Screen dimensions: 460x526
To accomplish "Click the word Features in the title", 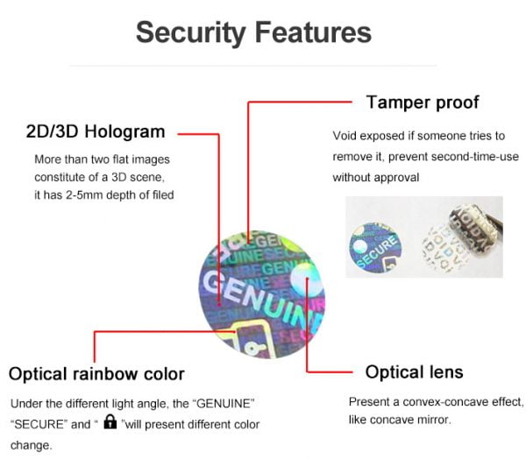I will [312, 32].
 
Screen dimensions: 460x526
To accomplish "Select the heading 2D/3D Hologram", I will [96, 132].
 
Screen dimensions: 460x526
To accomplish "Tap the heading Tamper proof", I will [423, 103].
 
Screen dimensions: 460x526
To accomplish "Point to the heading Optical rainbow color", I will [96, 374].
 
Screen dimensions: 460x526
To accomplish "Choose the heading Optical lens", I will [414, 372].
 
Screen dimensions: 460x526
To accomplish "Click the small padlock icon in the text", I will [110, 423].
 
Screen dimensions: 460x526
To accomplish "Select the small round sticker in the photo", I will [375, 241].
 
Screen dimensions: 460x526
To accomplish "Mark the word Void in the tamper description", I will [345, 136].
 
